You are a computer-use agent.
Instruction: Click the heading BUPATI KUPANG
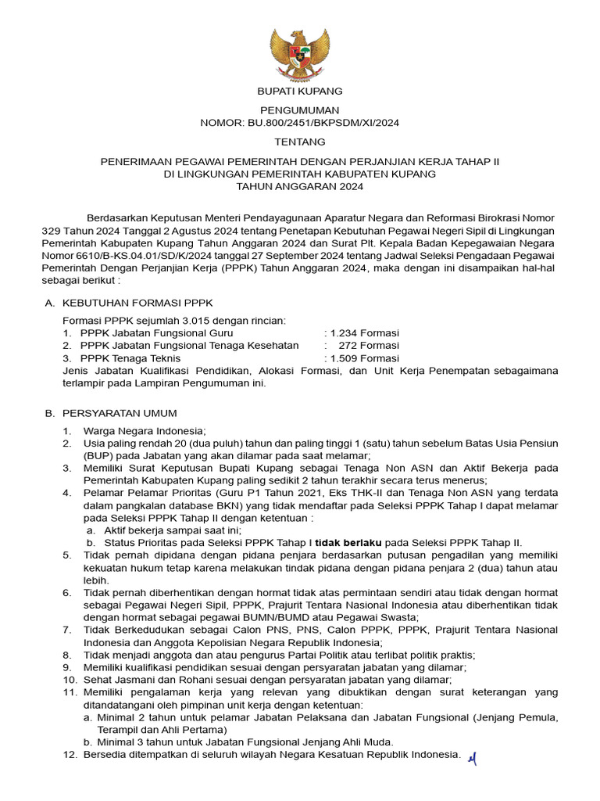[300, 92]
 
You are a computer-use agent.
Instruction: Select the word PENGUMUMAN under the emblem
[300, 111]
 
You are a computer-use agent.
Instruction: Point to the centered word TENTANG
[300, 142]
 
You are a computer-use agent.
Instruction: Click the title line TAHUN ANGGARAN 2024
[300, 186]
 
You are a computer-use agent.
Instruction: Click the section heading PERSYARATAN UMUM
[130, 413]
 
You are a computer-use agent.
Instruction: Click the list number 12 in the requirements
[67, 755]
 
